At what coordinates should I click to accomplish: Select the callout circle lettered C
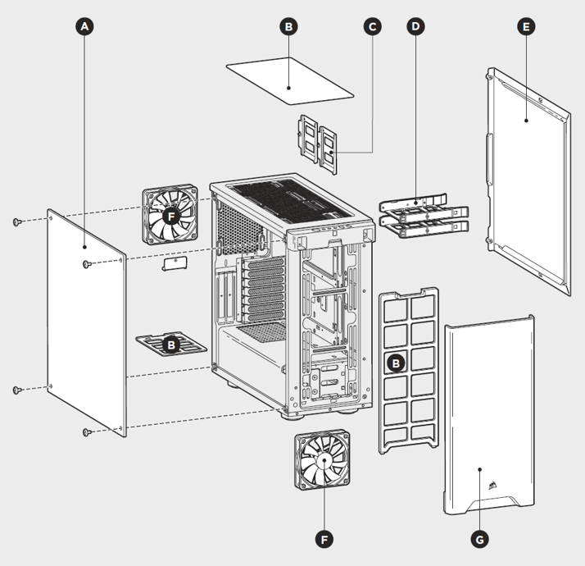coord(373,26)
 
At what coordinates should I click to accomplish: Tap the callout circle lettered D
coord(416,26)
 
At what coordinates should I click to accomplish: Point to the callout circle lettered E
coord(525,26)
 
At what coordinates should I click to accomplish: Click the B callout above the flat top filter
coord(288,26)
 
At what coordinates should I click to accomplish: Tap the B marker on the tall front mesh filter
coord(395,362)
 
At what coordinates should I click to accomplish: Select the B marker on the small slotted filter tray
coord(170,345)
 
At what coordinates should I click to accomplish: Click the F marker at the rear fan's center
coord(170,216)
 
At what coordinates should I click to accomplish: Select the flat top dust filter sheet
coord(289,80)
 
